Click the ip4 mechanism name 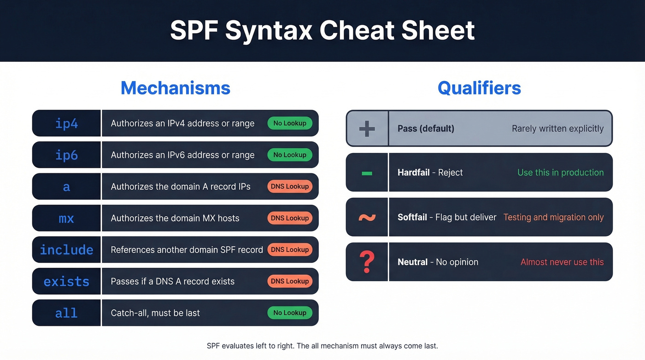[66, 124]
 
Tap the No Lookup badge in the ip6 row [290, 155]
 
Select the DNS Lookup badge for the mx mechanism [290, 218]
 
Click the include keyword [66, 250]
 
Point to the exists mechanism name [66, 281]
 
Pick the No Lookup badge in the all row [290, 313]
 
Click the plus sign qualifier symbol [367, 129]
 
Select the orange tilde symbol [367, 217]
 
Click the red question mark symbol [367, 262]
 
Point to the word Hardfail [413, 172]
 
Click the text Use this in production [560, 172]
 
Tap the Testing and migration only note [553, 217]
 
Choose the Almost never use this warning [562, 262]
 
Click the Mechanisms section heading [175, 88]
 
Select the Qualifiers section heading [479, 88]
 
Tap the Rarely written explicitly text [557, 129]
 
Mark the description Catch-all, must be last [155, 313]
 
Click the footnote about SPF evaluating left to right [322, 346]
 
